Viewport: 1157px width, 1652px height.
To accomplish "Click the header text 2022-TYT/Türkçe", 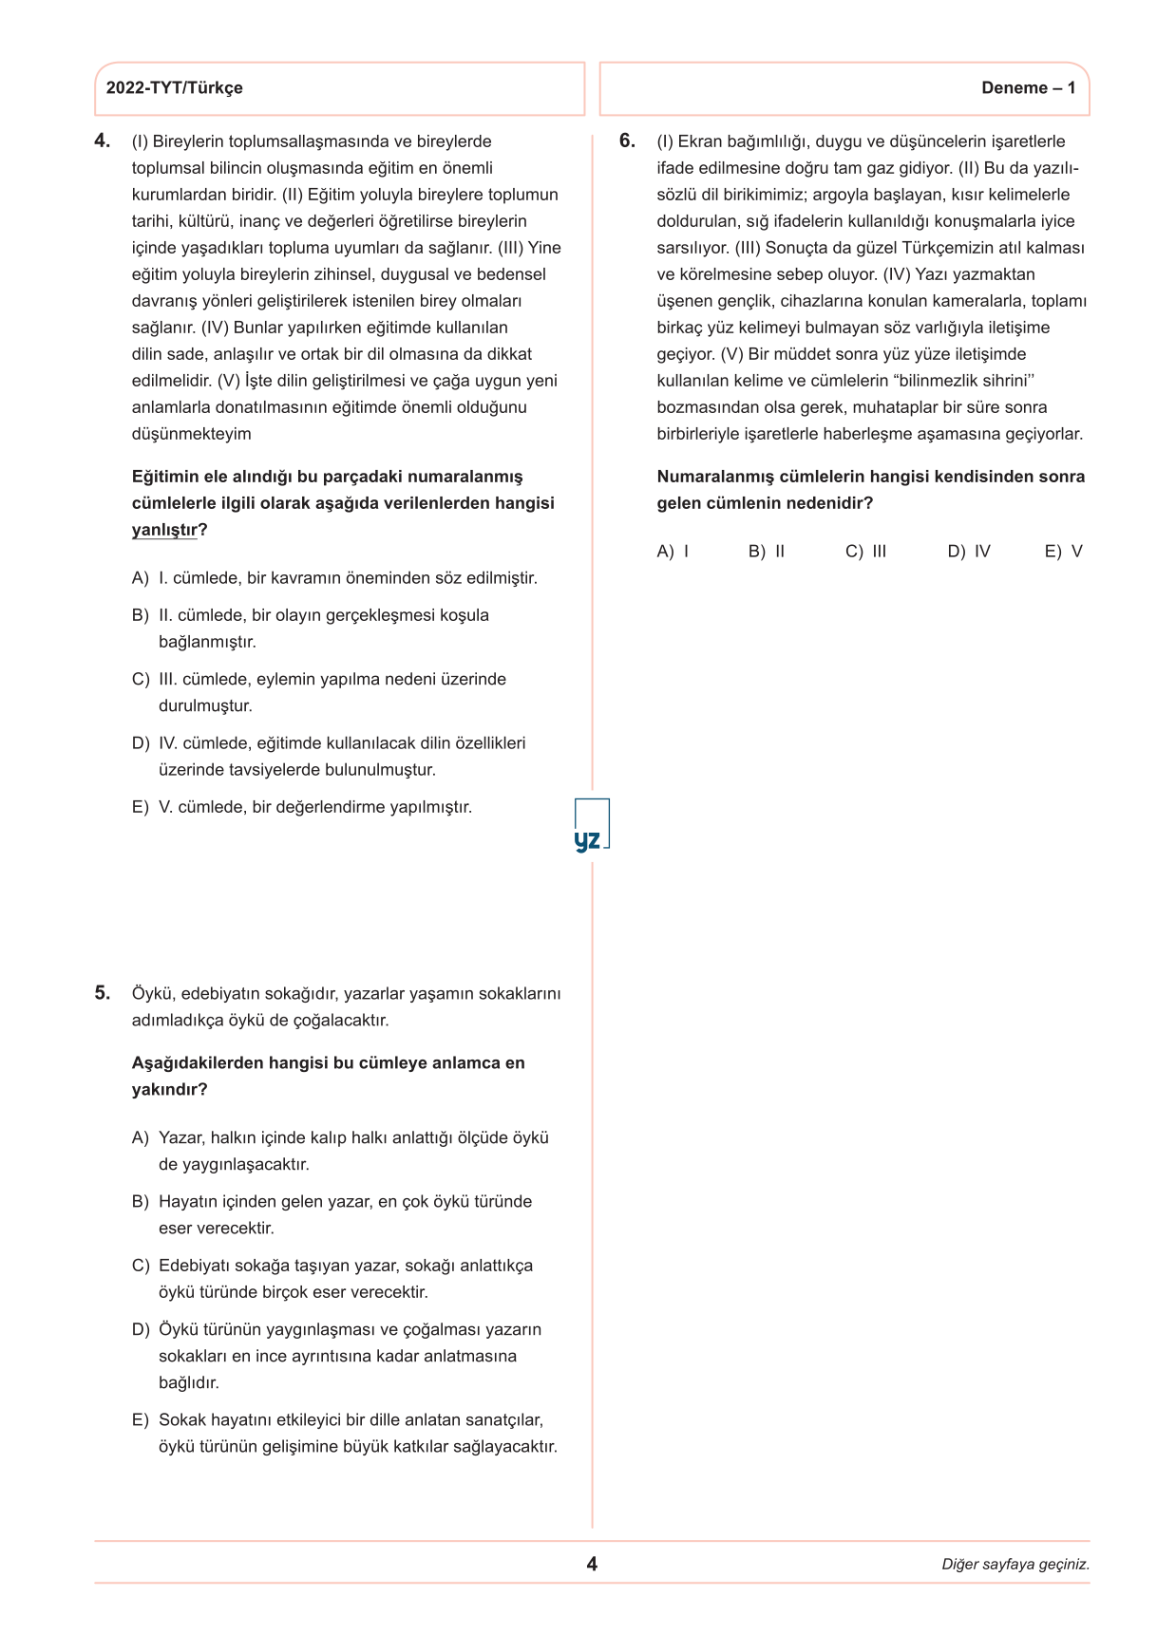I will pos(174,88).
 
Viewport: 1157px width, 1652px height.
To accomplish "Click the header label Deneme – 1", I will pos(1028,88).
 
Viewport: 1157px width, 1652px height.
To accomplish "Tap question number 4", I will pos(102,141).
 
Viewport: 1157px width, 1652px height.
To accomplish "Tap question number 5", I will pos(102,993).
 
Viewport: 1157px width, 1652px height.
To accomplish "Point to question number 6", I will pos(627,141).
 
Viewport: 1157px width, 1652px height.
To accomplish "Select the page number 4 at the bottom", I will pos(592,1564).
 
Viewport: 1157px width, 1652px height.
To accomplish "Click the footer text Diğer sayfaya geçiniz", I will pos(1015,1565).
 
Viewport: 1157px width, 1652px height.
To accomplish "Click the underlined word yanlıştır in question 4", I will pos(164,530).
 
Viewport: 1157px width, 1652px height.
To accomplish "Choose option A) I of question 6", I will pos(673,552).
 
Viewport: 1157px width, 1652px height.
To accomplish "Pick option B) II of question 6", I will pos(767,552).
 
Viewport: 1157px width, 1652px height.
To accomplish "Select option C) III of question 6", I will pos(865,552).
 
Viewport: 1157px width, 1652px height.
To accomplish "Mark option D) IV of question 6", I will pos(969,552).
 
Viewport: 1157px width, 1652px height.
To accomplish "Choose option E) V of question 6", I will pos(1063,552).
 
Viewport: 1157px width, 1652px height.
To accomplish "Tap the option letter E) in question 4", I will pos(141,807).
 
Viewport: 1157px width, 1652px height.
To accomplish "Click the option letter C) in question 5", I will pos(141,1266).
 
